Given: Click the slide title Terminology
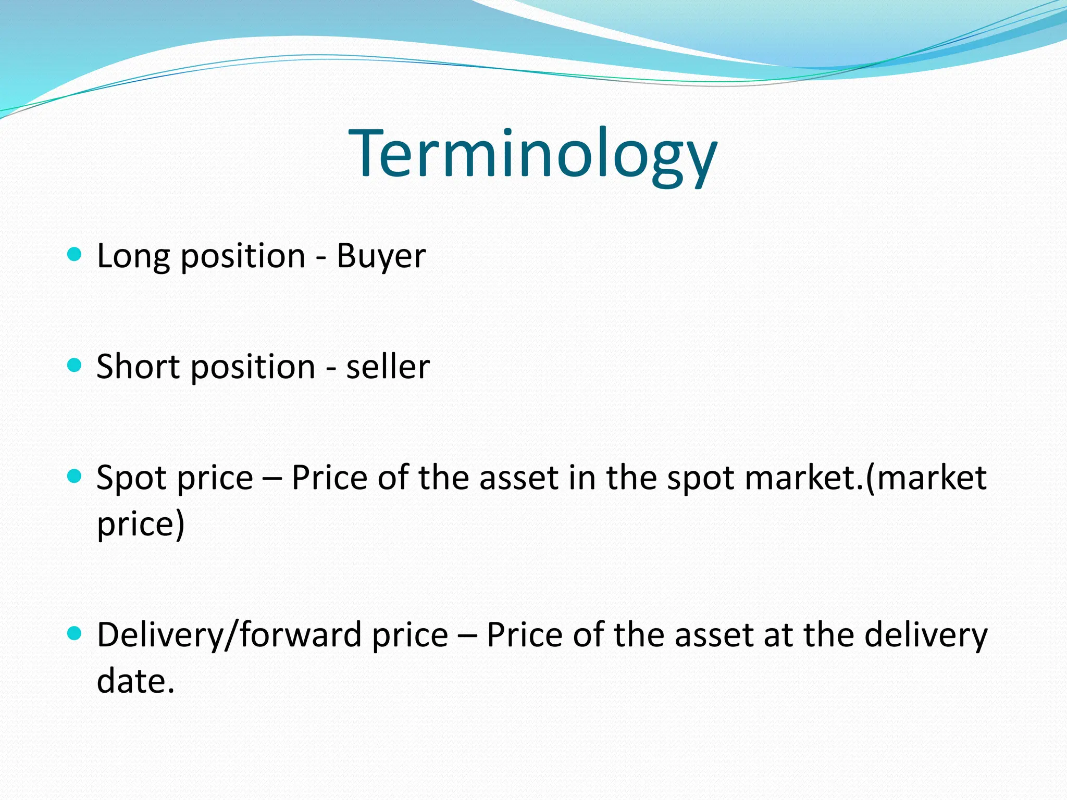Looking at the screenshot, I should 533,155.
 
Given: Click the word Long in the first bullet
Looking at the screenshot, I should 133,256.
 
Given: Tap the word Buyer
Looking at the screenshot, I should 381,256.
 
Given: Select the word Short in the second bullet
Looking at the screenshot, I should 138,366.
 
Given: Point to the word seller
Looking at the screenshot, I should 388,366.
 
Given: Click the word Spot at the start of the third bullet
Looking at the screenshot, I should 130,478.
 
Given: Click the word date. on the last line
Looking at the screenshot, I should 135,681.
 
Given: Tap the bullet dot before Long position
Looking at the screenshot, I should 75,254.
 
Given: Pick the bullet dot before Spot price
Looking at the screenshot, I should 75,476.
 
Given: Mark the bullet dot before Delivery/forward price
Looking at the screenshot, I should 75,633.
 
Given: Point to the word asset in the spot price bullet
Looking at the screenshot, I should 519,478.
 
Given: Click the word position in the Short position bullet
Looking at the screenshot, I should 253,367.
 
